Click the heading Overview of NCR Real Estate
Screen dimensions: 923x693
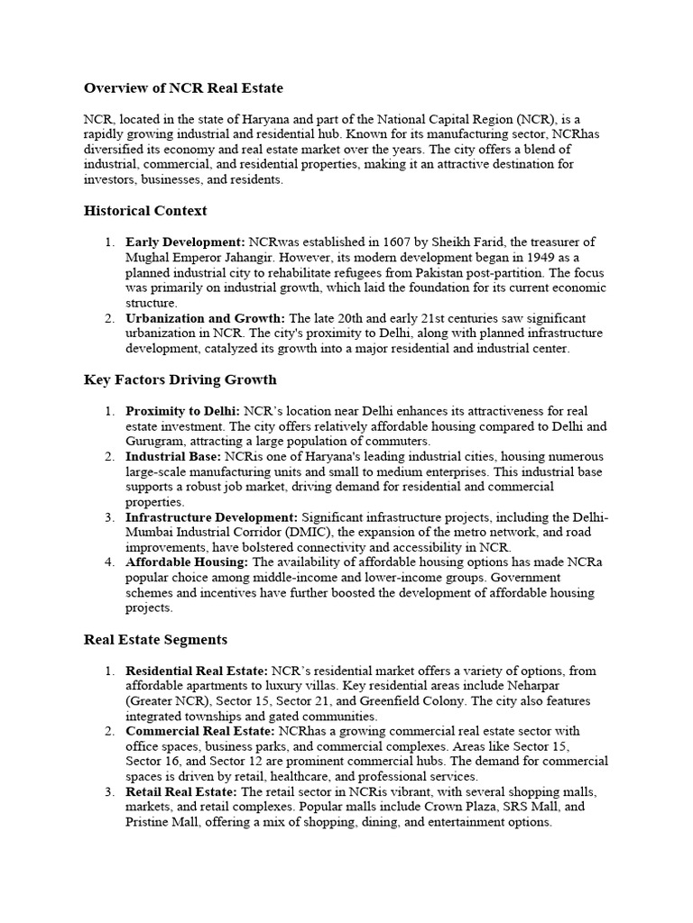(183, 87)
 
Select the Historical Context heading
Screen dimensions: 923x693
(145, 210)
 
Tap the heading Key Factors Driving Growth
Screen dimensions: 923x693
(180, 379)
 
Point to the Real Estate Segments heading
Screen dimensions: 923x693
(155, 639)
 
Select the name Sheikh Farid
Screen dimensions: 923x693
(470, 242)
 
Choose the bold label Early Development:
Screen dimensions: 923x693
(185, 242)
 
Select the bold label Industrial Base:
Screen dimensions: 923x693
(174, 457)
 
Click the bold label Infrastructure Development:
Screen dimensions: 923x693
(211, 517)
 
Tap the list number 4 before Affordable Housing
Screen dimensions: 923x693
(107, 562)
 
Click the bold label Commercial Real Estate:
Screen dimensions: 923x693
(200, 731)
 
